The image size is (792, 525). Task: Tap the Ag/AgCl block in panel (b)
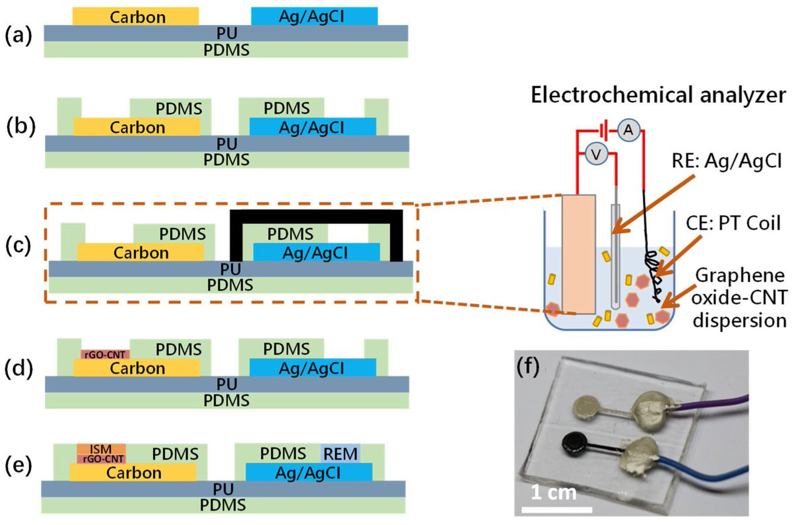coord(312,126)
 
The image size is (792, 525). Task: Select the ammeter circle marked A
coord(628,131)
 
